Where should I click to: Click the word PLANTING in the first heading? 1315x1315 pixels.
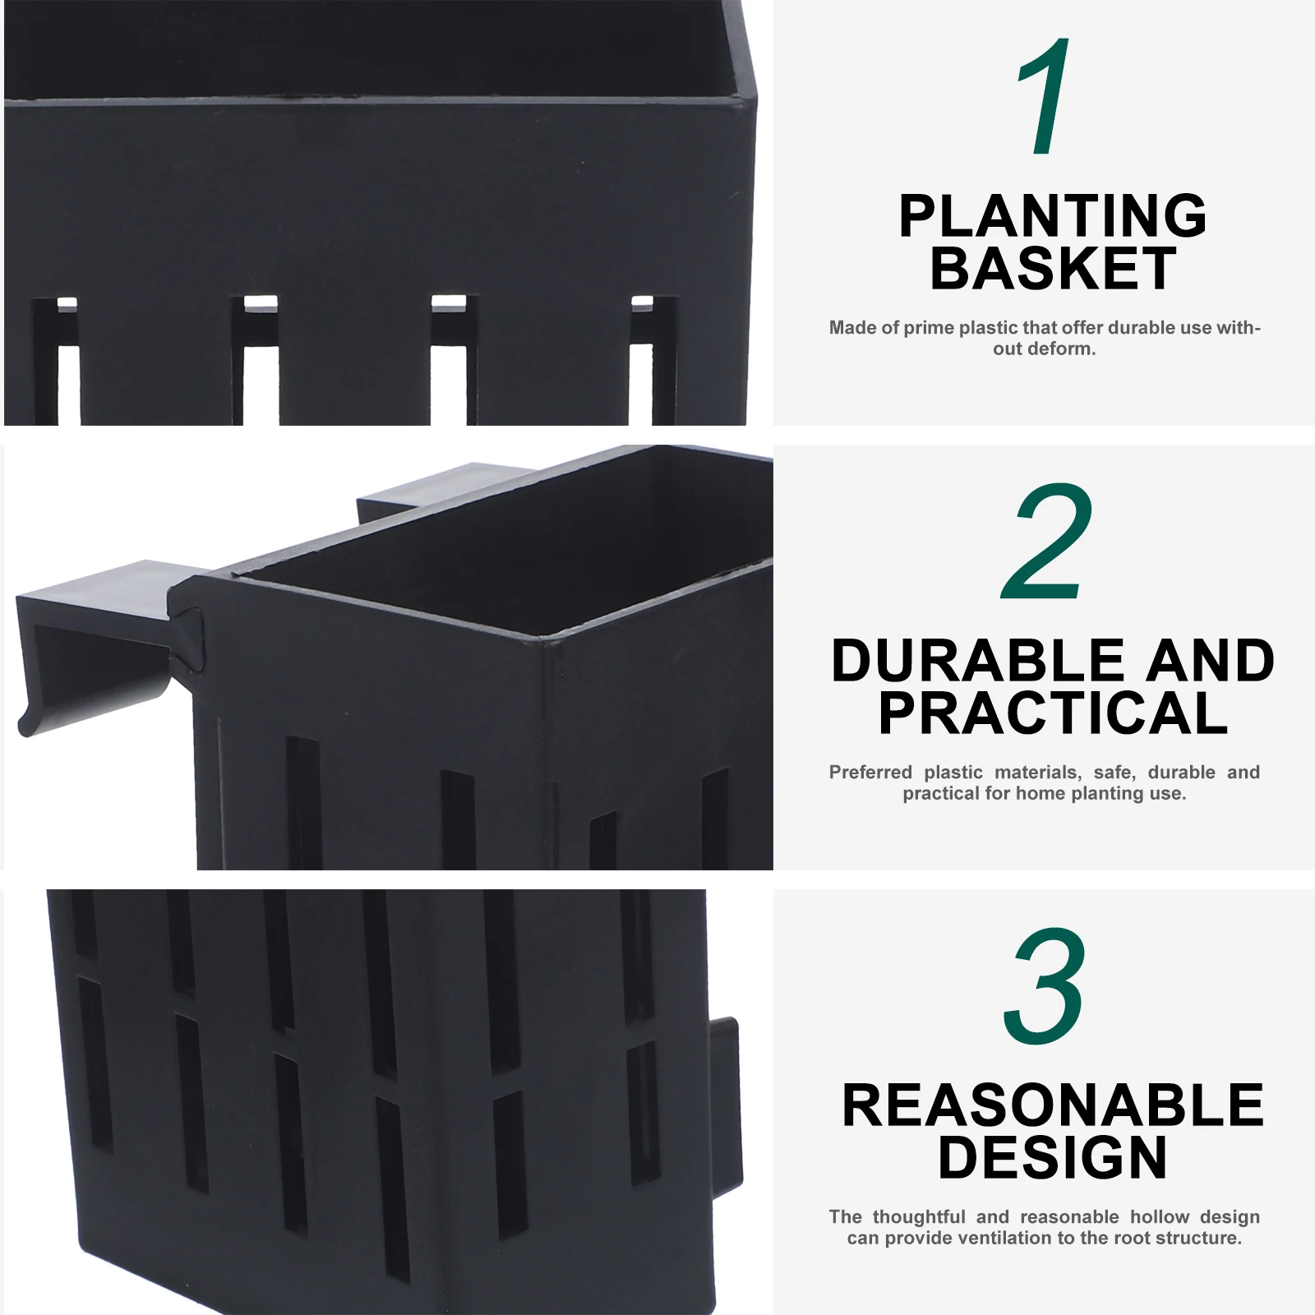point(1053,216)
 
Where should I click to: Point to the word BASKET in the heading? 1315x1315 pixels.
point(1053,268)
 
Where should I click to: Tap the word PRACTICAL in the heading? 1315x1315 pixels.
point(1053,713)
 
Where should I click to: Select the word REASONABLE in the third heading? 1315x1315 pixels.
point(1053,1105)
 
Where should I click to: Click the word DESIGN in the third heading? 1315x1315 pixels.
point(1053,1157)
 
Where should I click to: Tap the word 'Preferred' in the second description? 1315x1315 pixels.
point(870,773)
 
